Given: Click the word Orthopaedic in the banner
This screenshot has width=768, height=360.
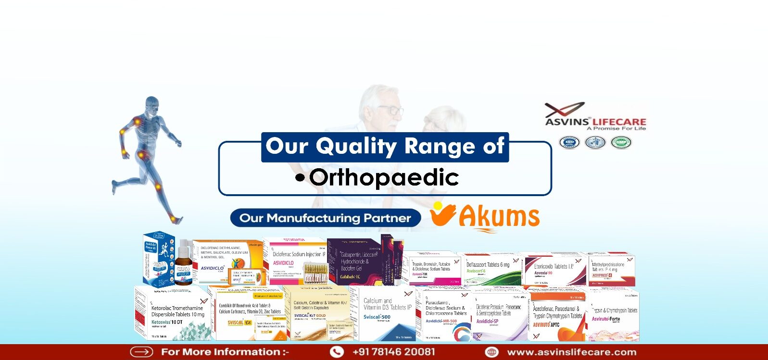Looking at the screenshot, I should (x=384, y=178).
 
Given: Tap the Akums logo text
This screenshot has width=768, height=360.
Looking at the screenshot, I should (x=499, y=217).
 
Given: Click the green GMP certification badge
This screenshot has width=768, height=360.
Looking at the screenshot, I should (x=620, y=143).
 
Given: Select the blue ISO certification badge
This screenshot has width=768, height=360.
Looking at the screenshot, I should (x=569, y=143).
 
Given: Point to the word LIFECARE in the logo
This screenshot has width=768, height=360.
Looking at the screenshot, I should (x=619, y=122).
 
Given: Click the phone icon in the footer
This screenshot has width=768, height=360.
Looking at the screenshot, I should (x=337, y=352).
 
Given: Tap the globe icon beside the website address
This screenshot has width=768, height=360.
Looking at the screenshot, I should (x=491, y=352).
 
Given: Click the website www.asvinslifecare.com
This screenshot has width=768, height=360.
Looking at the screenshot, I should (x=571, y=352).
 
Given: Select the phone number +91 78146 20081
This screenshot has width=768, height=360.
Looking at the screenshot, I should (x=393, y=352).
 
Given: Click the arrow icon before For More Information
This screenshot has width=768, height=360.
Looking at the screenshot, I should (x=141, y=352).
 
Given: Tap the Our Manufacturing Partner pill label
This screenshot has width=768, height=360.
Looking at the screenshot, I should (x=325, y=218).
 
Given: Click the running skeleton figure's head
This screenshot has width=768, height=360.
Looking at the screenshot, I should (x=152, y=105).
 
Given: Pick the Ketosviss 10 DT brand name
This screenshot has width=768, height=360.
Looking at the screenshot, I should (x=167, y=322).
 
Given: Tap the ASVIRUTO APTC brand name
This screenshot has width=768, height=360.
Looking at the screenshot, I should (x=546, y=325).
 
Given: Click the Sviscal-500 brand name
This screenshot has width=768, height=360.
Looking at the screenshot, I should (x=377, y=317).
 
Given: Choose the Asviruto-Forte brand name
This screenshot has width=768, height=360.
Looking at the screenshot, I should (x=606, y=319).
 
